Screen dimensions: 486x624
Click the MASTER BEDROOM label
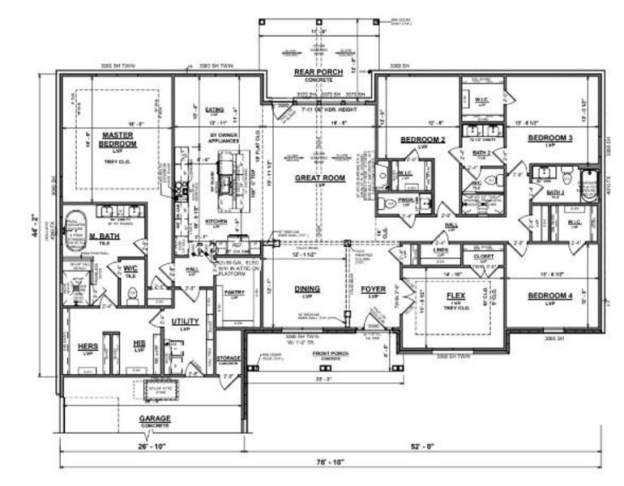[118, 139]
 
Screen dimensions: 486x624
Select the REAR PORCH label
[318, 73]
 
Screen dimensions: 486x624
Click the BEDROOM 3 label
[550, 139]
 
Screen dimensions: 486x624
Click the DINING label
[307, 288]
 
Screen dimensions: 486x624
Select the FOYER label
[374, 288]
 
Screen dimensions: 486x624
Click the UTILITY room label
[185, 322]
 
